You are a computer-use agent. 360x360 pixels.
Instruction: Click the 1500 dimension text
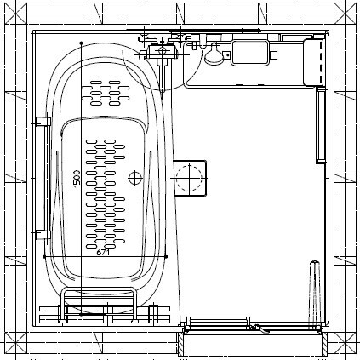[x=77, y=179]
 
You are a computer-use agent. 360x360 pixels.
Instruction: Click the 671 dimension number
[x=103, y=252]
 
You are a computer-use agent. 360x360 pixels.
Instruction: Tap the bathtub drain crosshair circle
[x=135, y=178]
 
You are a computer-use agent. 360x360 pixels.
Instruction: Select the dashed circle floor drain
[x=189, y=178]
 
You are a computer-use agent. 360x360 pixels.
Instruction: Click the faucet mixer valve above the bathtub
[x=162, y=51]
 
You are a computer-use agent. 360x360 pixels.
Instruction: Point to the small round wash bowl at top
[x=214, y=54]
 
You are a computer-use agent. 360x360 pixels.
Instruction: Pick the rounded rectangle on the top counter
[x=250, y=53]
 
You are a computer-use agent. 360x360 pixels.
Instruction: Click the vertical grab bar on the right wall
[x=321, y=125]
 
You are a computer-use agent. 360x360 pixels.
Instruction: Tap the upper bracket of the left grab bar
[x=43, y=122]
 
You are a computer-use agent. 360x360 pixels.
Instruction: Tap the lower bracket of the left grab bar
[x=43, y=235]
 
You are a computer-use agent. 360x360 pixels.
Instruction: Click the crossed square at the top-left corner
[x=15, y=14]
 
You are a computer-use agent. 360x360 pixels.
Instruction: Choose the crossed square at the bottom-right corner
[x=345, y=343]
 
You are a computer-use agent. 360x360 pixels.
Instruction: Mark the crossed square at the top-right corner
[x=345, y=14]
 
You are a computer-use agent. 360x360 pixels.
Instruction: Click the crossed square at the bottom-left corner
[x=15, y=343]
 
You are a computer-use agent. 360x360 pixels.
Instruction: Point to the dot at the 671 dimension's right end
[x=166, y=257]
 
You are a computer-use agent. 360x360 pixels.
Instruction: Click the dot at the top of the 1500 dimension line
[x=81, y=43]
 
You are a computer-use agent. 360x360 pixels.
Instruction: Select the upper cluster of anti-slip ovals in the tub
[x=106, y=93]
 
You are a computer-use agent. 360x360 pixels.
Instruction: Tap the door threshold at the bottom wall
[x=253, y=331]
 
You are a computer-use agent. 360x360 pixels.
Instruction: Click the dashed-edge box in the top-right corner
[x=313, y=62]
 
